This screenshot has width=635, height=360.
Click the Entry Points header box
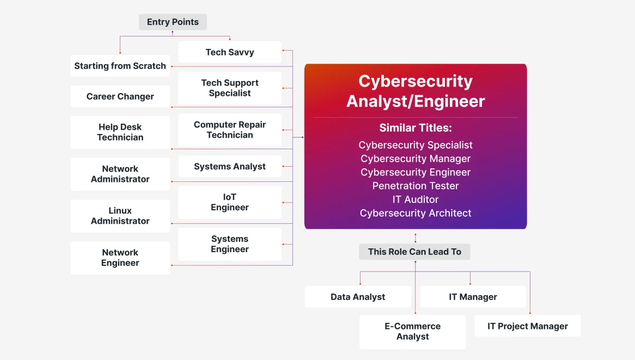(173, 22)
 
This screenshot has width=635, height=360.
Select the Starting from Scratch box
(120, 65)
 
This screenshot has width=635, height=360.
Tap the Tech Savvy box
(230, 52)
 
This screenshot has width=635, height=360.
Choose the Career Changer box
(120, 96)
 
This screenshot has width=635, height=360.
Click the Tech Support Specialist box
(230, 88)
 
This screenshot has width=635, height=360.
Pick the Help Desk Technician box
(120, 132)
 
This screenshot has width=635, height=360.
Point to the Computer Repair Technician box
(230, 130)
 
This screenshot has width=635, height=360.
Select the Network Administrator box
(120, 174)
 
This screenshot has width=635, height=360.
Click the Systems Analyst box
(230, 166)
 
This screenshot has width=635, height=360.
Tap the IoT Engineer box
(230, 202)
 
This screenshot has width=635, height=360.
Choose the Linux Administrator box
(120, 216)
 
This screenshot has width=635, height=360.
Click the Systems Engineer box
(230, 244)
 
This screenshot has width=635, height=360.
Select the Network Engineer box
(120, 258)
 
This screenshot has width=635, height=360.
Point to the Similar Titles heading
(416, 128)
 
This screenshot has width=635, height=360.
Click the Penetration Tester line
(416, 186)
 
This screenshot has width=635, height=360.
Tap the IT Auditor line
(416, 199)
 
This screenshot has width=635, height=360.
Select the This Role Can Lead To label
(414, 252)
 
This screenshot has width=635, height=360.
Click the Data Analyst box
(358, 297)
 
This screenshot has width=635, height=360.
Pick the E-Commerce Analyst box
(413, 332)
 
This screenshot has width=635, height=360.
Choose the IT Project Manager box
(528, 326)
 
